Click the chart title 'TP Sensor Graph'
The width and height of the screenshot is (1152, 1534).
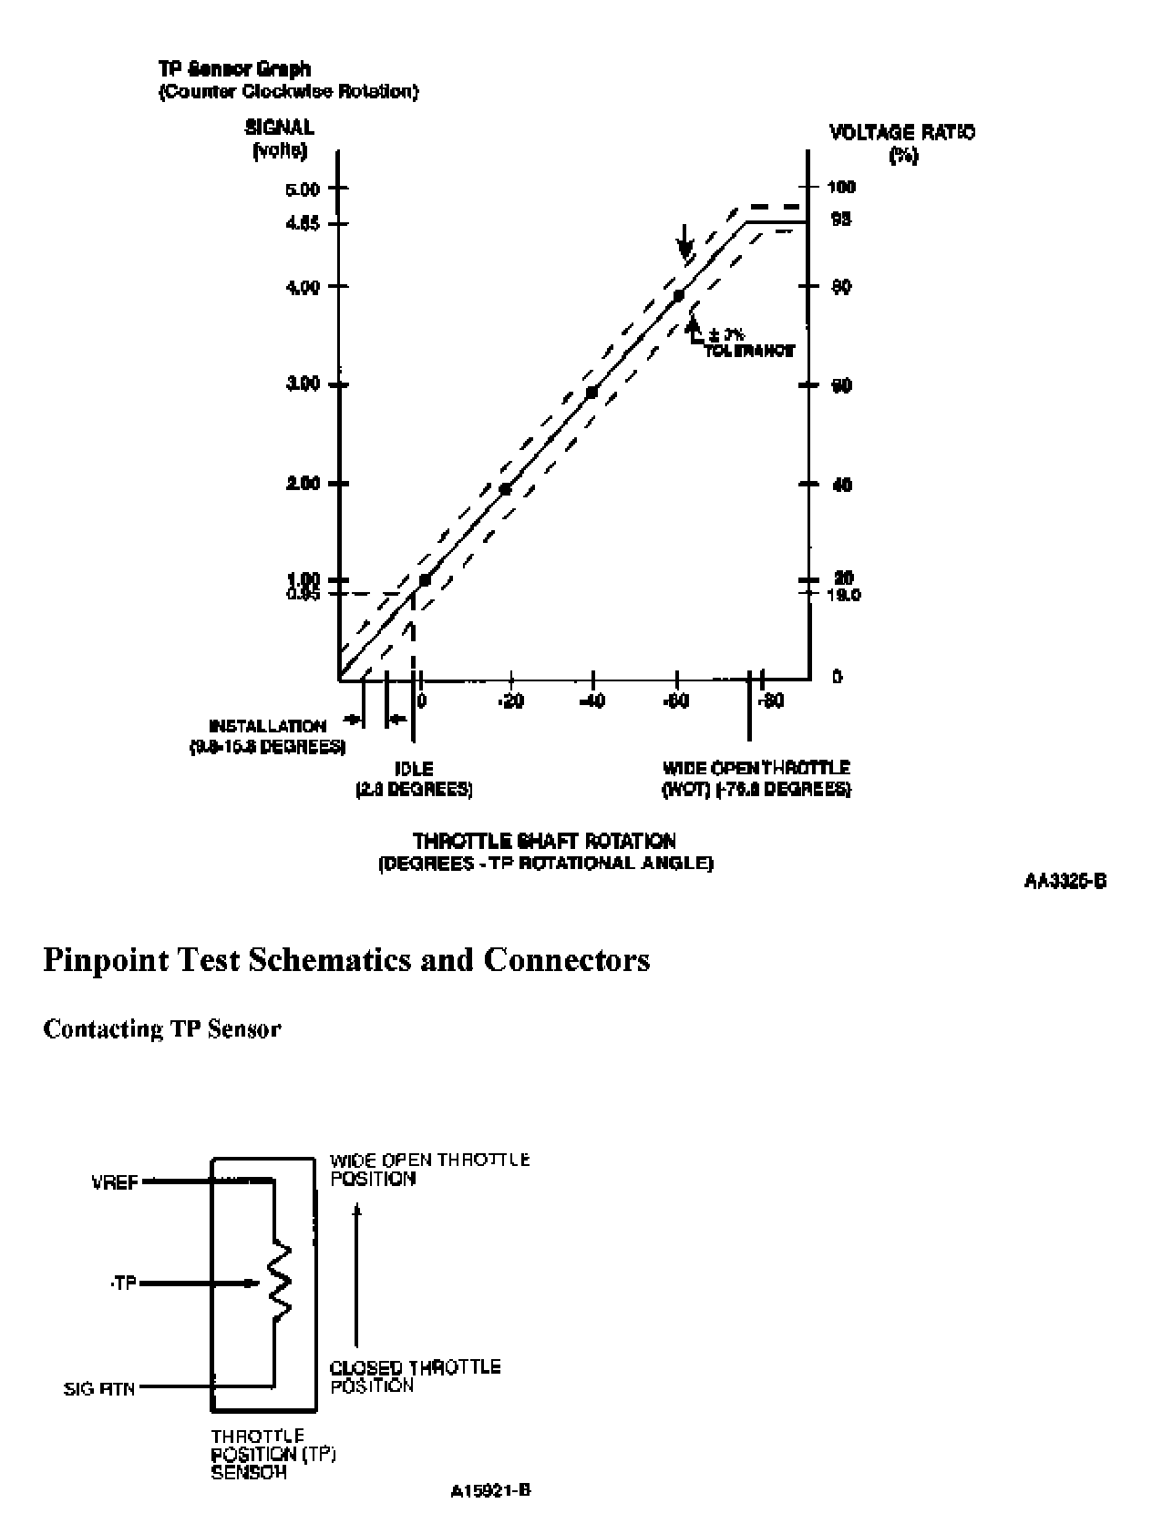(x=234, y=69)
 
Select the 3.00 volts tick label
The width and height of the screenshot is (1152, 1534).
(x=303, y=384)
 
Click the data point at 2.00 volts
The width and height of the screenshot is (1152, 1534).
(x=505, y=490)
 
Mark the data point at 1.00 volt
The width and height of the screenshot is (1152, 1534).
(x=424, y=579)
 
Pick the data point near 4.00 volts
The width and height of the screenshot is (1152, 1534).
(x=678, y=295)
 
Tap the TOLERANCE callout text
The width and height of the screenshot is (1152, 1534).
(x=749, y=350)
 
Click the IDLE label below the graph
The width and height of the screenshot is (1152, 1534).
(x=414, y=769)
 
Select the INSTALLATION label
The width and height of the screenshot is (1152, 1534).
(x=268, y=726)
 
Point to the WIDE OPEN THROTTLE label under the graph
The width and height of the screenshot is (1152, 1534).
(x=756, y=768)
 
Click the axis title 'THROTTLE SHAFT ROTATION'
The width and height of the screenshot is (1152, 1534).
(x=545, y=841)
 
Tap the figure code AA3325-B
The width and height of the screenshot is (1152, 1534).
(x=1065, y=881)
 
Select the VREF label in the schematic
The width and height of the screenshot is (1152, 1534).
(x=115, y=1182)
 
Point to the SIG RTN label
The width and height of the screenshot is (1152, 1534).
(x=100, y=1389)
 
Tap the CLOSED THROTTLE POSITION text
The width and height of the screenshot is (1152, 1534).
(x=415, y=1375)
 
